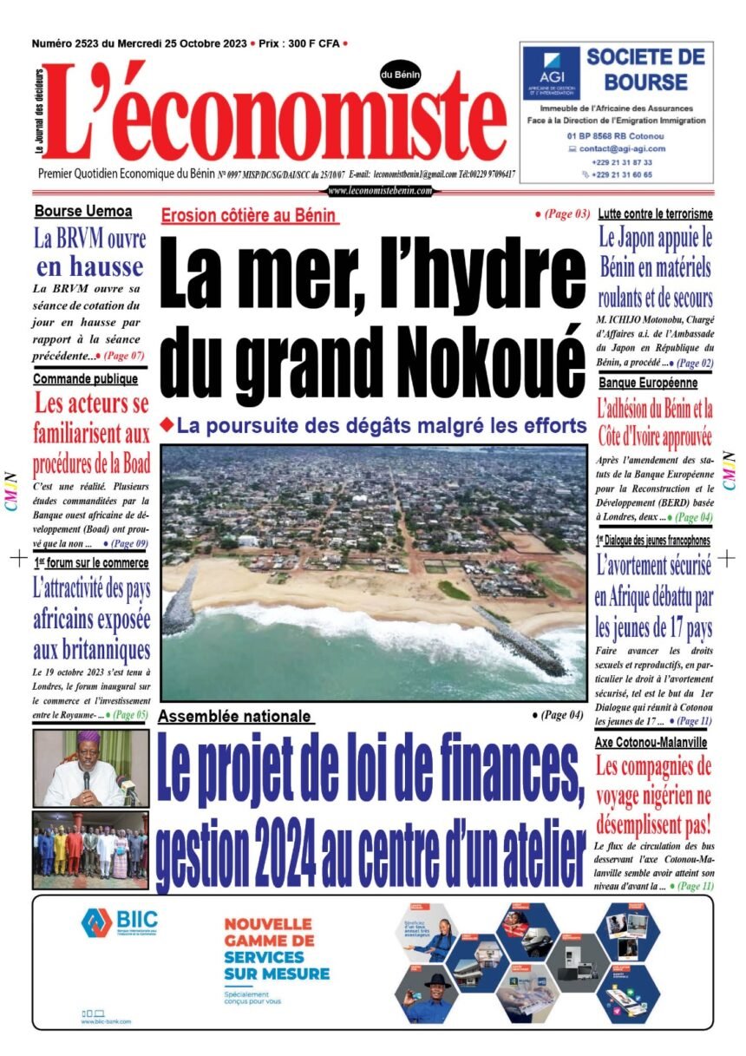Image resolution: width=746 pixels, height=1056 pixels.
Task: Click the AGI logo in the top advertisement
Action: (x=552, y=71)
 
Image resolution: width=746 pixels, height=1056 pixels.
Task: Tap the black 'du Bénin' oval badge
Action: (x=400, y=75)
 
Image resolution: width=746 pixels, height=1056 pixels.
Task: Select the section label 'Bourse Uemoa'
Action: (x=83, y=211)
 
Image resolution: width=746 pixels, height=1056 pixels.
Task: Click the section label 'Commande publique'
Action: (x=85, y=379)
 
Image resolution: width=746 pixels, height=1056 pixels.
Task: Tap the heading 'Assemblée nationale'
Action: (x=235, y=717)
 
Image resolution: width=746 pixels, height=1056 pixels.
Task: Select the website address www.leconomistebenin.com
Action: (x=380, y=191)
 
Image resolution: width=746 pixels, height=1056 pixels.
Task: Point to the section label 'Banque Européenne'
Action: (x=654, y=382)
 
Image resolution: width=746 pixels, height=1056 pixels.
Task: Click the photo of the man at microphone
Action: (x=90, y=768)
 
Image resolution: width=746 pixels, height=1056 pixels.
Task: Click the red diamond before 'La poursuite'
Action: (x=168, y=423)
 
